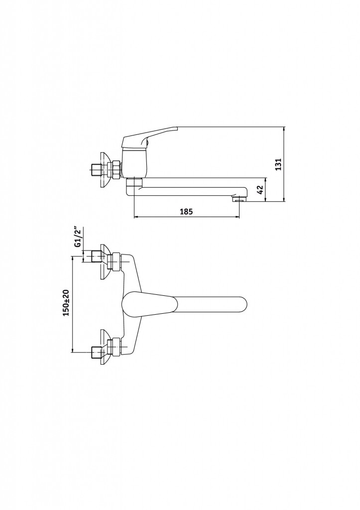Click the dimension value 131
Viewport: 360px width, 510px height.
278,164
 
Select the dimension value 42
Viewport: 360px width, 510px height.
260,190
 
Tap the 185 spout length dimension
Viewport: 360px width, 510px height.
186,212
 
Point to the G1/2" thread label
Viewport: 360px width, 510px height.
77,237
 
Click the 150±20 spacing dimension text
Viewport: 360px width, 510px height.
66,302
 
